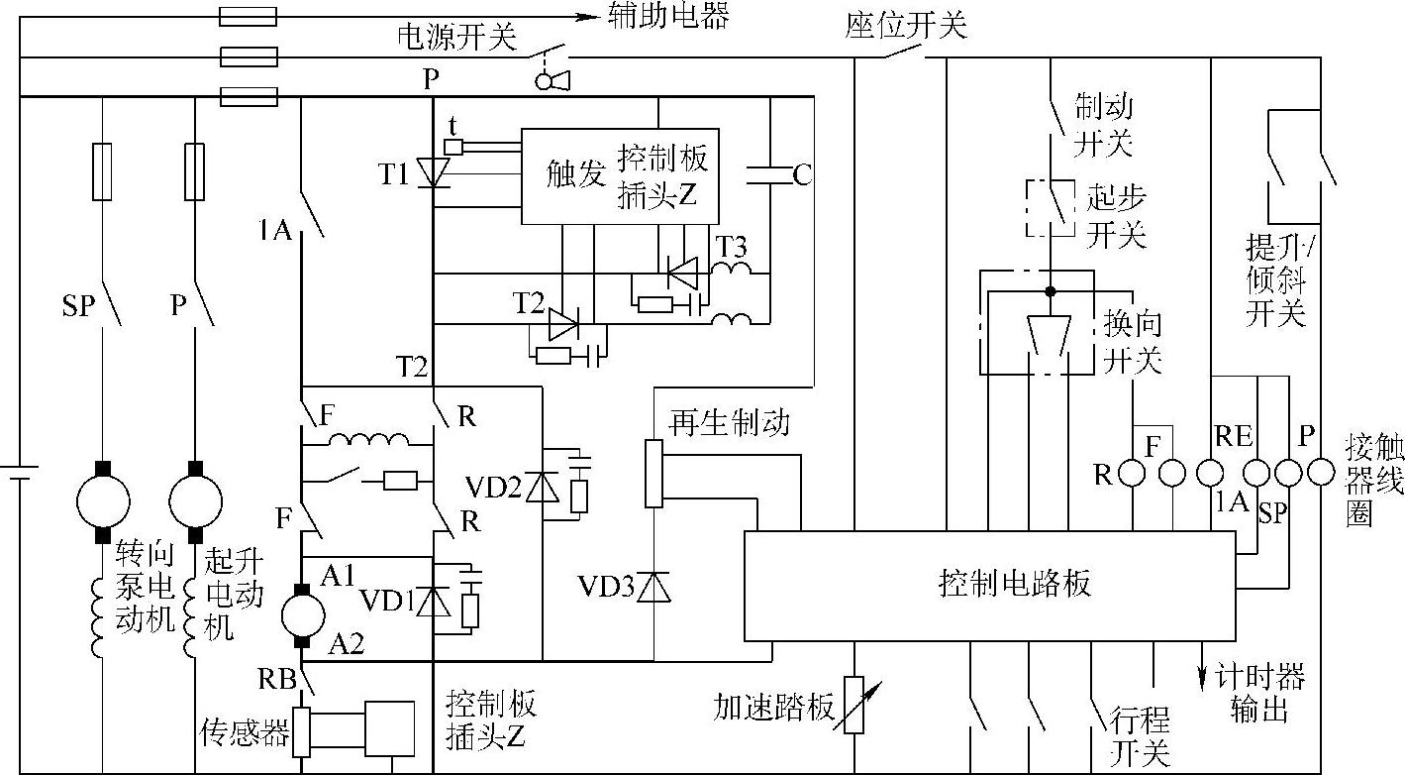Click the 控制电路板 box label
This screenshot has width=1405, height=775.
pyautogui.click(x=1014, y=584)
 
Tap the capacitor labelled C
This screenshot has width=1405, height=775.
pyautogui.click(x=771, y=175)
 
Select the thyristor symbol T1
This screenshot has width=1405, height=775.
pyautogui.click(x=434, y=172)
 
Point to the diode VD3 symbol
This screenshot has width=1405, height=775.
pyautogui.click(x=653, y=588)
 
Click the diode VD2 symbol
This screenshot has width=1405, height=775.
pyautogui.click(x=543, y=487)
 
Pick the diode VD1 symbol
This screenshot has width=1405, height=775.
pyautogui.click(x=434, y=602)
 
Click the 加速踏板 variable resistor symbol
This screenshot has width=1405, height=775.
pyautogui.click(x=854, y=705)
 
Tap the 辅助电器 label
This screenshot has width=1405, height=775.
pyautogui.click(x=667, y=16)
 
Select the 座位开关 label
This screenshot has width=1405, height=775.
pyautogui.click(x=906, y=25)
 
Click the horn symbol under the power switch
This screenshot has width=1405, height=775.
pyautogui.click(x=552, y=81)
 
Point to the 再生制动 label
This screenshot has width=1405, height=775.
pyautogui.click(x=729, y=422)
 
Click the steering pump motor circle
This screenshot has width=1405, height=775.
pyautogui.click(x=103, y=501)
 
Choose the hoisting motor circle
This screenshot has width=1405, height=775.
pyautogui.click(x=195, y=501)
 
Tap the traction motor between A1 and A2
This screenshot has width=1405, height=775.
pyautogui.click(x=303, y=615)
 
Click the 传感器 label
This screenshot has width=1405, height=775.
pyautogui.click(x=245, y=732)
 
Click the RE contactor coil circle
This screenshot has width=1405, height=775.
pyautogui.click(x=1210, y=473)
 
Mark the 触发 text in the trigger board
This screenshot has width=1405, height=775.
pyautogui.click(x=575, y=174)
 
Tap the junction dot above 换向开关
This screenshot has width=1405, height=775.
pyautogui.click(x=1051, y=291)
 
